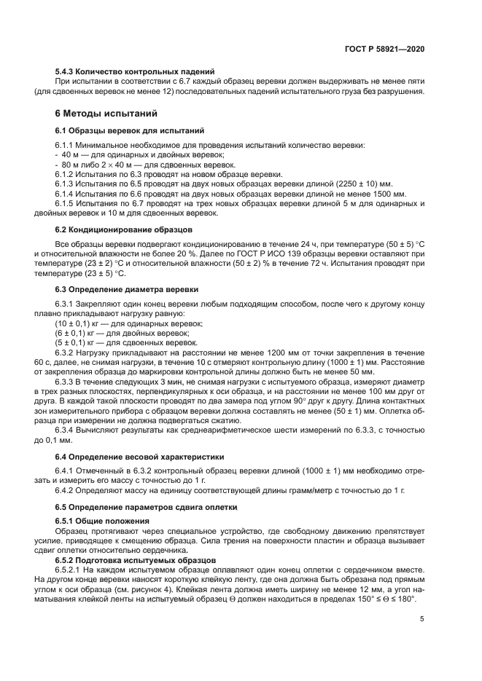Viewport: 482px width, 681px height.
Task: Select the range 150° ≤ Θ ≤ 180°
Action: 378,598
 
